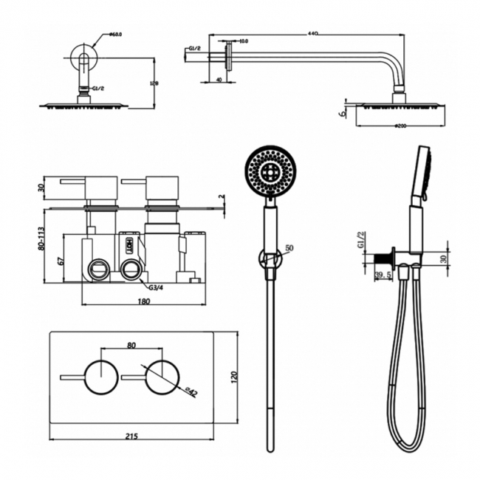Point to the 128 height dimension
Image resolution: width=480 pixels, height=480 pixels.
click(153, 83)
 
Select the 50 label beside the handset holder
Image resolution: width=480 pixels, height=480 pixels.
click(290, 250)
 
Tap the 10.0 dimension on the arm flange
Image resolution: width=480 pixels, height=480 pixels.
click(244, 41)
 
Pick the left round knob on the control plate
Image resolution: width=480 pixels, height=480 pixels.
click(100, 375)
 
